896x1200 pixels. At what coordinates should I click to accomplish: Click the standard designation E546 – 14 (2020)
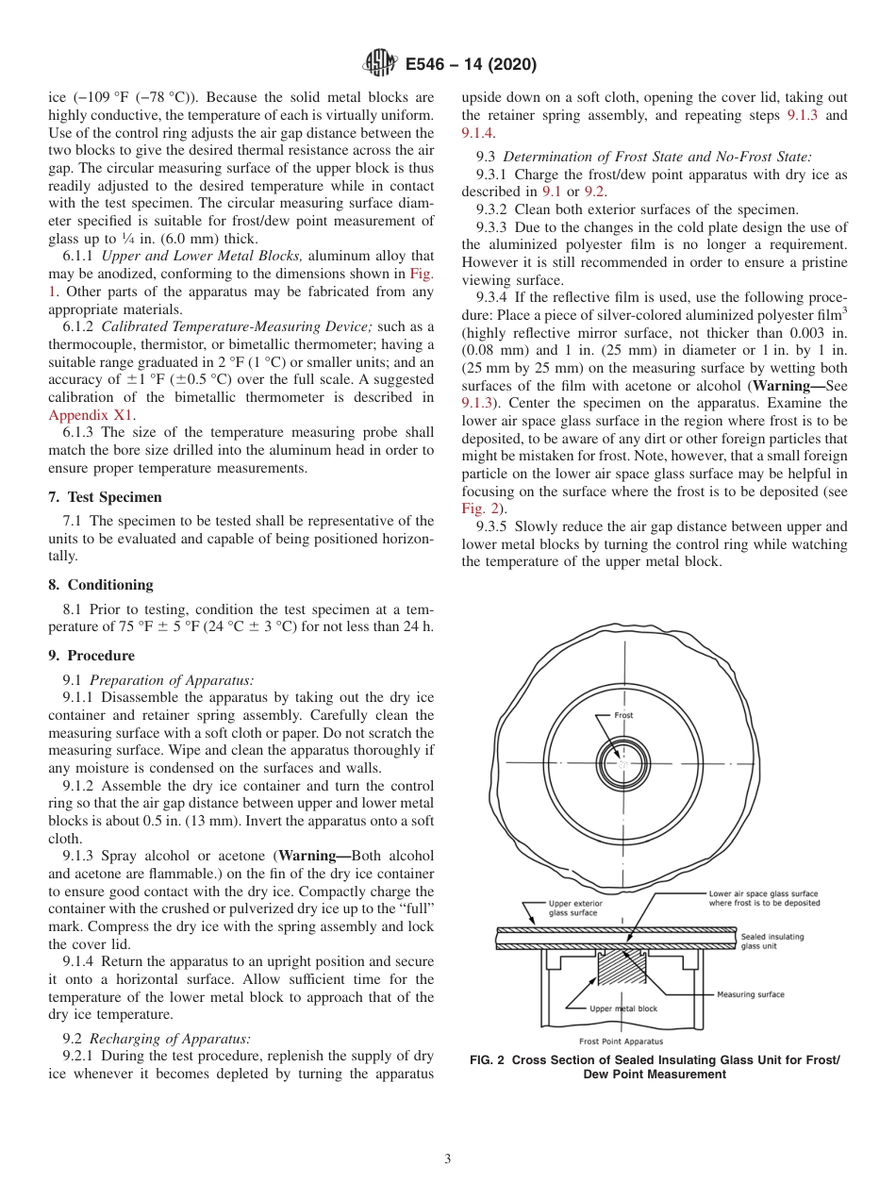[471, 65]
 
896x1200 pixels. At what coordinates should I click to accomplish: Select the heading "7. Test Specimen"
[105, 497]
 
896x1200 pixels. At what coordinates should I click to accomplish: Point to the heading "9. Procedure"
[91, 656]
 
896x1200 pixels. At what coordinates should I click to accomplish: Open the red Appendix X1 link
[91, 414]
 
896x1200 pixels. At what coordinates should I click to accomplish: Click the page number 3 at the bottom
[448, 1159]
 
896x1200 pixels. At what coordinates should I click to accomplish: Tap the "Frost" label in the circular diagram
[623, 715]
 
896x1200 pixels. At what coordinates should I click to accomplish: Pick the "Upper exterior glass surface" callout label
[575, 908]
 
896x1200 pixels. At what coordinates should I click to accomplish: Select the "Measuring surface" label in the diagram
[750, 993]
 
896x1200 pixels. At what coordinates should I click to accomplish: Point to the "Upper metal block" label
[623, 1008]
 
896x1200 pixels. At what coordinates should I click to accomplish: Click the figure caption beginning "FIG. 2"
[654, 1067]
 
